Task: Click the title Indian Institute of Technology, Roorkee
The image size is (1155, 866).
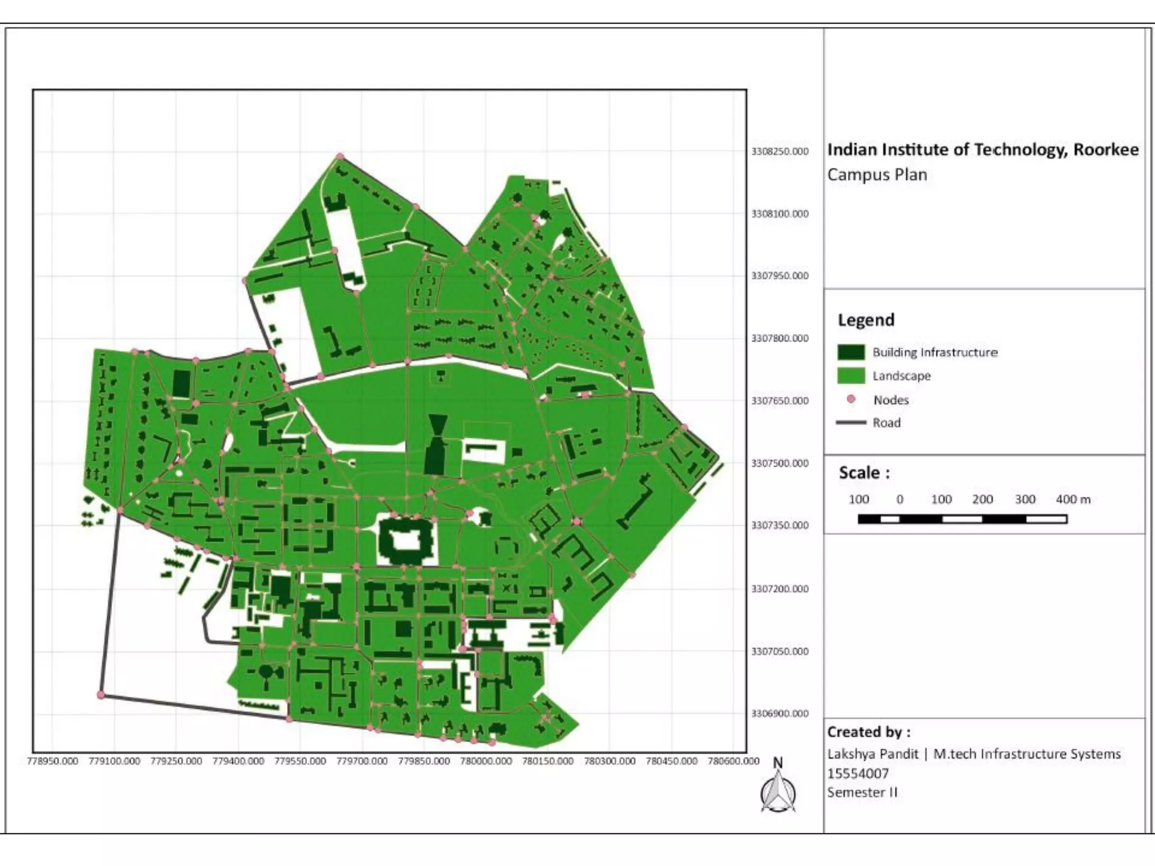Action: tap(982, 150)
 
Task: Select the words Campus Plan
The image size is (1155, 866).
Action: tap(877, 175)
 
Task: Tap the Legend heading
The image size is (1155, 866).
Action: tap(866, 320)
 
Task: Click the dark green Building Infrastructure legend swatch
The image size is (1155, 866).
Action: tap(851, 352)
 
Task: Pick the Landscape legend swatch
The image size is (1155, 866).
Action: tap(851, 375)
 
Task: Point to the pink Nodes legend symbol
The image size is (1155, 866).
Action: tap(851, 399)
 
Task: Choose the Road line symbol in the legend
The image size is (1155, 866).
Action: tap(851, 422)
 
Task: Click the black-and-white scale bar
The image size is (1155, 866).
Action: tap(962, 519)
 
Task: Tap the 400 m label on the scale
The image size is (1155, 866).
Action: tap(1073, 499)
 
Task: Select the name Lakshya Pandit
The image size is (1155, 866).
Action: tap(872, 754)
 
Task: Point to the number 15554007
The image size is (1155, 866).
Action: tap(858, 773)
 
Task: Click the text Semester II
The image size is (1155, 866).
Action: tap(862, 792)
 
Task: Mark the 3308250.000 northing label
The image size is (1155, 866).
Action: tap(779, 151)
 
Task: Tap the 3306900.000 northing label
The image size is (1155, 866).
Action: tap(779, 714)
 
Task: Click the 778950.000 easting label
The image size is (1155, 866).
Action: tap(52, 761)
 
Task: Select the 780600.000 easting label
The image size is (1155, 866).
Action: tap(734, 761)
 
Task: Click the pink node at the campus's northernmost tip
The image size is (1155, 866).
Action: tap(340, 156)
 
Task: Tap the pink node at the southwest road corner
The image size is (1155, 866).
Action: tap(102, 695)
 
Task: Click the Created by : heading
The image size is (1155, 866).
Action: tap(869, 732)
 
